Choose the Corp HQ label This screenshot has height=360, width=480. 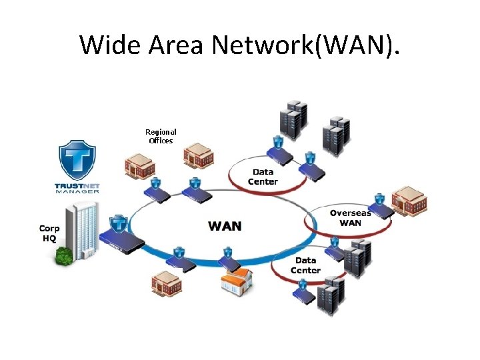[49, 233]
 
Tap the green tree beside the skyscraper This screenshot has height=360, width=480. [65, 255]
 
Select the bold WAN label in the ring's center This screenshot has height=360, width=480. [225, 225]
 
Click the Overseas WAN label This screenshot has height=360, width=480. [350, 218]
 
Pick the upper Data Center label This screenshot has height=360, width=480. [263, 177]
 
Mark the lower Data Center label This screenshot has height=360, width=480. [305, 265]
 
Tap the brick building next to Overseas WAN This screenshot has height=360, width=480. [409, 201]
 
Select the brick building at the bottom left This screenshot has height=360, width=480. [166, 285]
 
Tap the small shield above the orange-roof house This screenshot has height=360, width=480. [227, 253]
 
